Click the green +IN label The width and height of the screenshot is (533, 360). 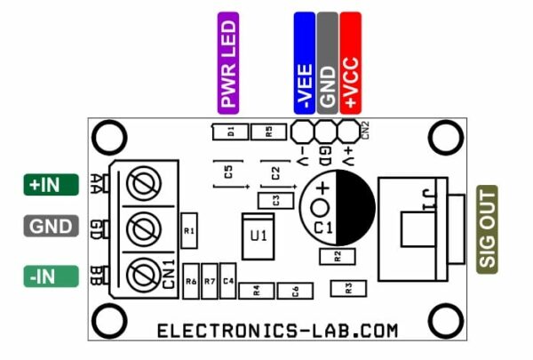click(44, 185)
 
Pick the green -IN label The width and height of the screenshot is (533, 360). click(44, 276)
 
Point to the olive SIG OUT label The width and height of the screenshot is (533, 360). click(488, 228)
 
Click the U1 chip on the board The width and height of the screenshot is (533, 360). click(259, 236)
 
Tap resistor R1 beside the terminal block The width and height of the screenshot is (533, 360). click(188, 230)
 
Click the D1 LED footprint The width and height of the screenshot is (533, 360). click(229, 132)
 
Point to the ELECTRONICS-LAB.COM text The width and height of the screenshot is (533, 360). click(277, 331)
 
